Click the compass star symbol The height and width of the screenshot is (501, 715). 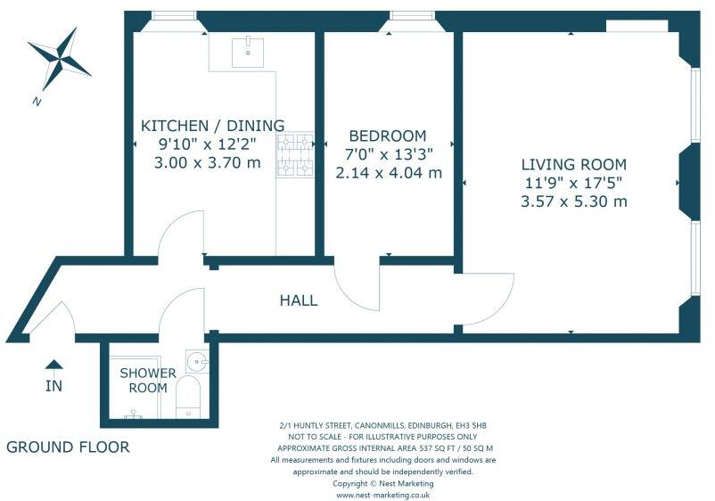[59, 59]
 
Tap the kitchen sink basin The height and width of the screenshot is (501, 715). [248, 53]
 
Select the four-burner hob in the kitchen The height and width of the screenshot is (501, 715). [295, 155]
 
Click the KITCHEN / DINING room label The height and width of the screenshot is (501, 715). [212, 126]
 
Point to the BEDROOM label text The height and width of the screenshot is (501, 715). [388, 136]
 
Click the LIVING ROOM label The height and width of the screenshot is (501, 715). [573, 164]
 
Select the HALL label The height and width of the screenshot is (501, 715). [299, 300]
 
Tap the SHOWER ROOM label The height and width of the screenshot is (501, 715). [148, 381]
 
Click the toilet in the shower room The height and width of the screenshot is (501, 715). [188, 396]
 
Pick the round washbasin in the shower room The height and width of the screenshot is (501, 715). [197, 362]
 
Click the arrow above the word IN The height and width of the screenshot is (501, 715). [53, 364]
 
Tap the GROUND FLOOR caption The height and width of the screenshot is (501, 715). [68, 448]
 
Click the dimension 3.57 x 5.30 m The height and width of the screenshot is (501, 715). [574, 201]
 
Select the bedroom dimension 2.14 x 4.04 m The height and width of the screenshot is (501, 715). [389, 173]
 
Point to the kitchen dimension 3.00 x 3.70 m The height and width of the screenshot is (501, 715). [208, 163]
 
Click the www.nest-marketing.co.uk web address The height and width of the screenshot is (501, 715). [383, 495]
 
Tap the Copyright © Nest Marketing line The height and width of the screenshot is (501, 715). [383, 483]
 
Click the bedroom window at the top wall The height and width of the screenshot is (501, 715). [412, 16]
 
